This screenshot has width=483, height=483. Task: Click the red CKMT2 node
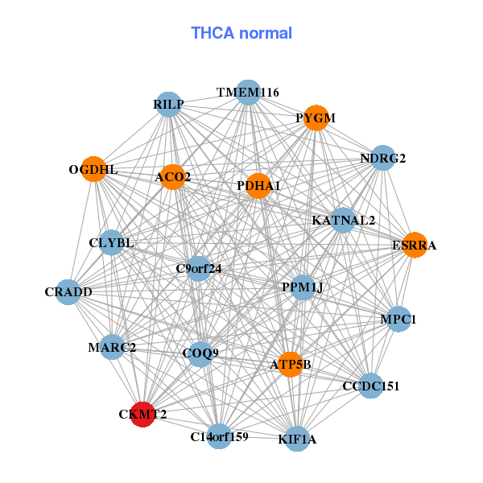coord(142,415)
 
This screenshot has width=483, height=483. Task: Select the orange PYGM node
coord(316,118)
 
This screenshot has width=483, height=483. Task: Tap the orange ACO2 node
coord(173,176)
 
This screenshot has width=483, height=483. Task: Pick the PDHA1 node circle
coord(258,186)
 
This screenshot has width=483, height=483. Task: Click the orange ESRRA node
coord(414,245)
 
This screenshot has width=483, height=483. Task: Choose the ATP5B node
coord(290,365)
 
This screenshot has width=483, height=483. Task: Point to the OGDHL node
coord(93,169)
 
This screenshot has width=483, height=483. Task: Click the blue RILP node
coord(169,105)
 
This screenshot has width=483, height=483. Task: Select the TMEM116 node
coord(248,93)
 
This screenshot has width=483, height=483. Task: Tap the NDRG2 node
coord(383,158)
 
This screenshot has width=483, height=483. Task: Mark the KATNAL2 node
coord(344,220)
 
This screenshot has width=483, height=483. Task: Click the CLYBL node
coord(112,242)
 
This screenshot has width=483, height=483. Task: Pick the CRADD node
coord(69,291)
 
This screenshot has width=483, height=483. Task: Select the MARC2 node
coord(112,348)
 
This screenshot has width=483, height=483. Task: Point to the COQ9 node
coord(200,353)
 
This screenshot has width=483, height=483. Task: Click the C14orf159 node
coord(219,436)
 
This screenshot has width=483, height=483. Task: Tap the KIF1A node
coord(297,439)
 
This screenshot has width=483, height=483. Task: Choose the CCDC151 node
coord(370,386)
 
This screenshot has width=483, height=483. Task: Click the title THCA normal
coord(242,33)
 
